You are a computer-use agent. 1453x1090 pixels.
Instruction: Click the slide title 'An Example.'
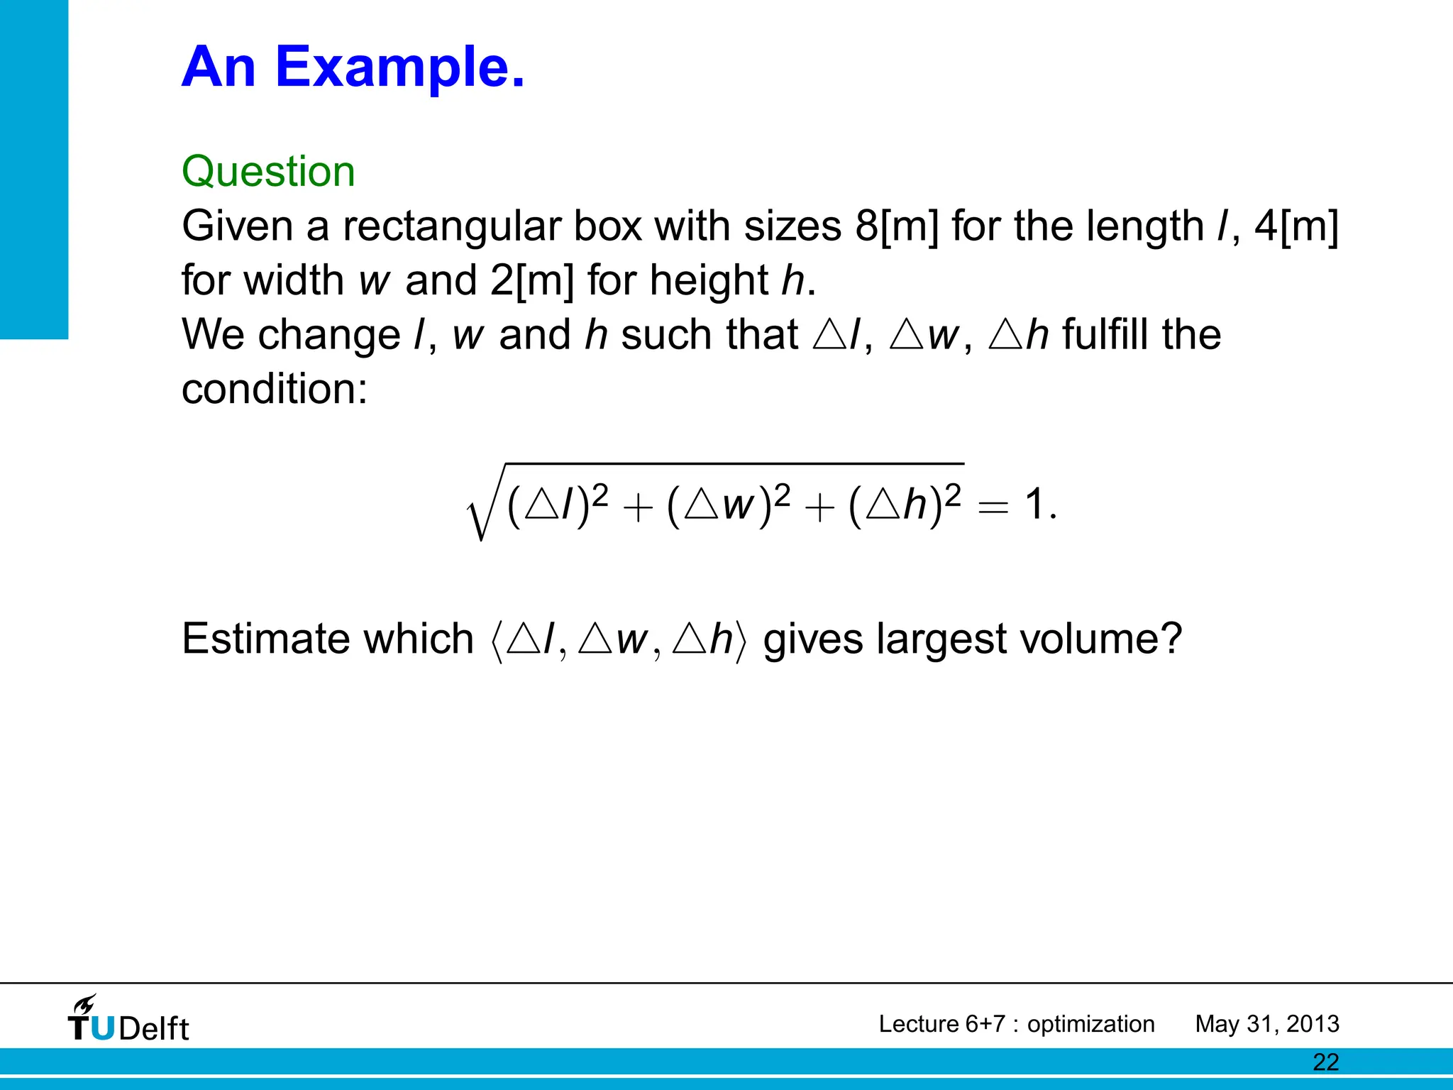click(x=353, y=67)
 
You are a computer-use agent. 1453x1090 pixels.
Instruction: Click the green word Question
click(x=268, y=172)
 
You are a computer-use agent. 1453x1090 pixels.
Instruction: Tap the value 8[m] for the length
click(x=897, y=226)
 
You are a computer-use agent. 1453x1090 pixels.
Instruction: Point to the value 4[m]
click(x=1296, y=226)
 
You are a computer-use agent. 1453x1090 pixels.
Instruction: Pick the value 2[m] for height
click(x=531, y=280)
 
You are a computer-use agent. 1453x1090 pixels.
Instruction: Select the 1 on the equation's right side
click(x=1034, y=505)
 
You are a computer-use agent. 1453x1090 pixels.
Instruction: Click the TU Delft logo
click(x=128, y=1020)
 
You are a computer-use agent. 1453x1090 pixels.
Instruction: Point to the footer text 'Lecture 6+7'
click(x=941, y=1024)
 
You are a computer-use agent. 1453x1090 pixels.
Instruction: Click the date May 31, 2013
click(x=1266, y=1024)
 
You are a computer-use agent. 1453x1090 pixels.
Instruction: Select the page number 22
click(x=1325, y=1062)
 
